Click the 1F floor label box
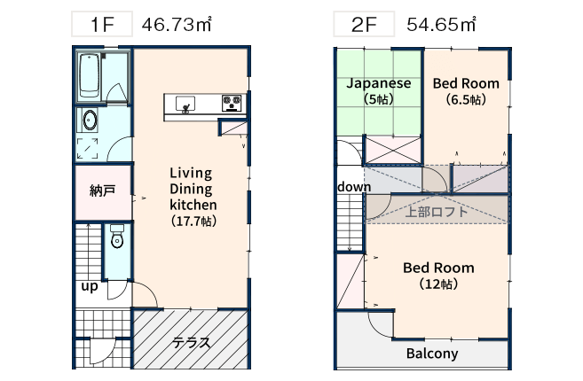tap(102, 24)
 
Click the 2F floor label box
tap(364, 24)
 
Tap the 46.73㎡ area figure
tap(177, 25)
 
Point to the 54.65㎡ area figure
tap(441, 25)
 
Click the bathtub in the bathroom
tap(90, 76)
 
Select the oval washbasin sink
tap(90, 121)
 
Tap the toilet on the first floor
tap(117, 237)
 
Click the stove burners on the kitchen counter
tap(232, 103)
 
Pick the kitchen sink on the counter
tap(185, 104)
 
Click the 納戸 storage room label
tap(102, 190)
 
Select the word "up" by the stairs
tap(90, 286)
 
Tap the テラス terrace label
tap(191, 343)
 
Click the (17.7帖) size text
tap(193, 222)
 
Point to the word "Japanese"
tap(379, 84)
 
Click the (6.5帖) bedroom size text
tap(466, 99)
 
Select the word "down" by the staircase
tap(354, 186)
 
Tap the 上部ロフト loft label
tap(436, 212)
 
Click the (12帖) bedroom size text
tap(438, 284)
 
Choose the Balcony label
tap(432, 354)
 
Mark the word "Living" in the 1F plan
tap(191, 174)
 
